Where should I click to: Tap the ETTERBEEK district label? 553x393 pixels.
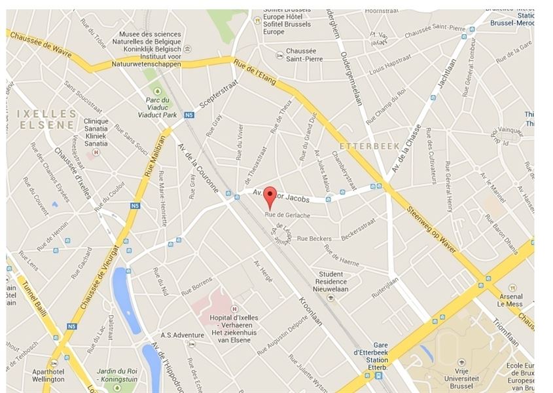370,146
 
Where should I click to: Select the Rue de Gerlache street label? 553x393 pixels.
287,215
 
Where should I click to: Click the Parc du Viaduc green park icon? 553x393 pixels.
156,90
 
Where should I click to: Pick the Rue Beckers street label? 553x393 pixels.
313,238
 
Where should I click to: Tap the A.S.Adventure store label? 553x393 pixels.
183,335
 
